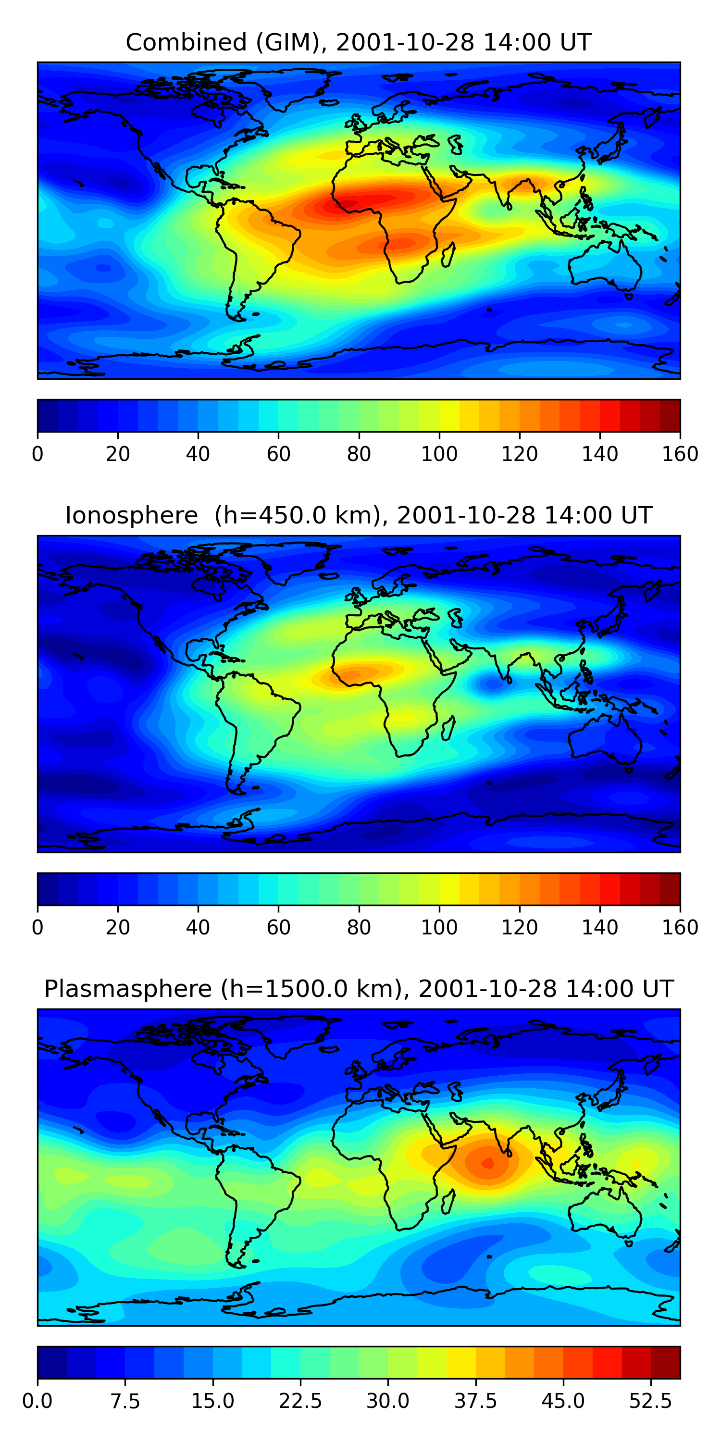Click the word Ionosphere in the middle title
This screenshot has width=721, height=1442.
(132, 516)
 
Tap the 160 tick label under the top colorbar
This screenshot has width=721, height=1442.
(680, 454)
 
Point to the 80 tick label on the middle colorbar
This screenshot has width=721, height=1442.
(359, 928)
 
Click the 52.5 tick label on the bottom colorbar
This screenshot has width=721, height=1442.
(650, 1401)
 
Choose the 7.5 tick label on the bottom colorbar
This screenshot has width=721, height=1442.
(125, 1401)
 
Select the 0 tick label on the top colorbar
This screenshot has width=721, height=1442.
(37, 454)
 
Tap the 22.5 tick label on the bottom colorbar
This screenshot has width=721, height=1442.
(300, 1401)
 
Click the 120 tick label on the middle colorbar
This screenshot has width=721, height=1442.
(520, 928)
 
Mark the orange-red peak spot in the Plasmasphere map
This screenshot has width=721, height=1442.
(487, 1163)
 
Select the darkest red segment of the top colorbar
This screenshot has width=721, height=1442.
(670, 415)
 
